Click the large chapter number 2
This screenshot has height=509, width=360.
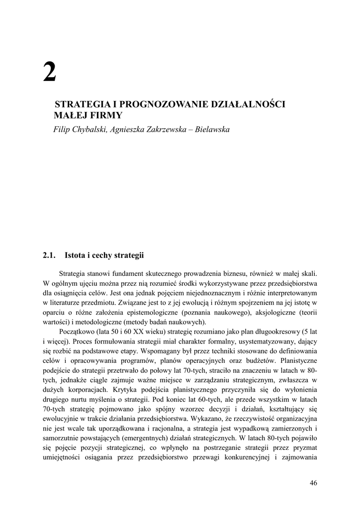tap(50, 73)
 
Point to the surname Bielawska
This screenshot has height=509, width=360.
tap(212, 129)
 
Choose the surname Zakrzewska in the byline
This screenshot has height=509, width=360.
tap(163, 129)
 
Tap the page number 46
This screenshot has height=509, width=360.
tap(313, 482)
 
